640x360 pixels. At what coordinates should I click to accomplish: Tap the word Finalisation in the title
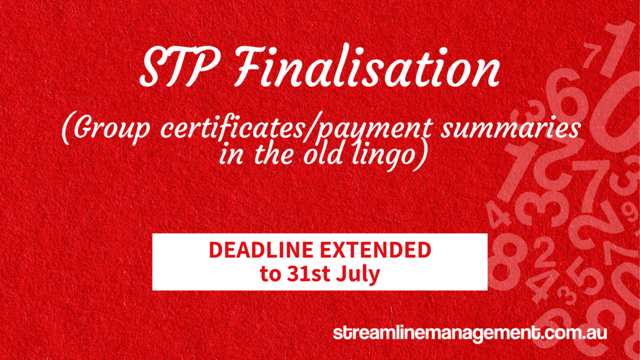pyautogui.click(x=367, y=66)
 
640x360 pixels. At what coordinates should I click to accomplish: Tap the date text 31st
pyautogui.click(x=309, y=274)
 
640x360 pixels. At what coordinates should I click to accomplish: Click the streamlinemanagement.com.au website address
pyautogui.click(x=470, y=333)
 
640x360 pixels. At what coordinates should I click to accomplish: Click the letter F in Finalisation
pyautogui.click(x=248, y=66)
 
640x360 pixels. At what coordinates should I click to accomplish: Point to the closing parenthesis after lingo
pyautogui.click(x=422, y=155)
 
